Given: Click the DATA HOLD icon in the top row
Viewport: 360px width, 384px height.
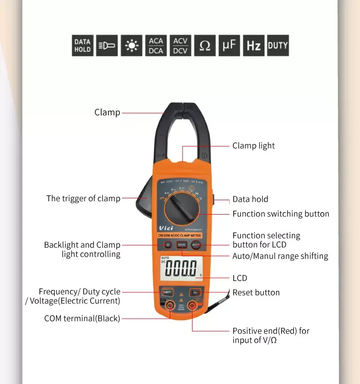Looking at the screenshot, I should (83, 46).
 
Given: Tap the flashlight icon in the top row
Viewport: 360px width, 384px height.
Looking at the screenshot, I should (107, 46).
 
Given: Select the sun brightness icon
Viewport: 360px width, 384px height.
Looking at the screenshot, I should (131, 46).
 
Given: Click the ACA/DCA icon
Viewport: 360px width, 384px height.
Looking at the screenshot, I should (156, 46).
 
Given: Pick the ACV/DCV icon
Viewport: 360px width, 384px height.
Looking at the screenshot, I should (180, 46).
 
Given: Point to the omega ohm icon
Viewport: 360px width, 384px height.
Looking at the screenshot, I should (204, 46).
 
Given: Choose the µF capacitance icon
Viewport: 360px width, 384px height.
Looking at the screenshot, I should (229, 46).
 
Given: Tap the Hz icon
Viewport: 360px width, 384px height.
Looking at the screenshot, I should (253, 46).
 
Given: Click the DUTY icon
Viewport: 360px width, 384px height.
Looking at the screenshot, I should (277, 46).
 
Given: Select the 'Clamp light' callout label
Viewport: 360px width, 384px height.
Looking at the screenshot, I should (253, 145).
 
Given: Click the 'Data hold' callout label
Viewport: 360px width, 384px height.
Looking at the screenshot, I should (250, 199).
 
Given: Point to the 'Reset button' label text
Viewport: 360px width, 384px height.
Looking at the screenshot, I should (256, 292).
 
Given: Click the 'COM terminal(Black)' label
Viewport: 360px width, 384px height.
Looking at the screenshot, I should (82, 318).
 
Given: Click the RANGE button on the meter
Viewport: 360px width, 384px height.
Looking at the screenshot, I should (181, 245).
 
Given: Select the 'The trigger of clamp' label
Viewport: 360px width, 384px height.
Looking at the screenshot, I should (83, 198).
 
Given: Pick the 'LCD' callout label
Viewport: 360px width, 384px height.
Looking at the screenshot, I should (240, 278).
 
